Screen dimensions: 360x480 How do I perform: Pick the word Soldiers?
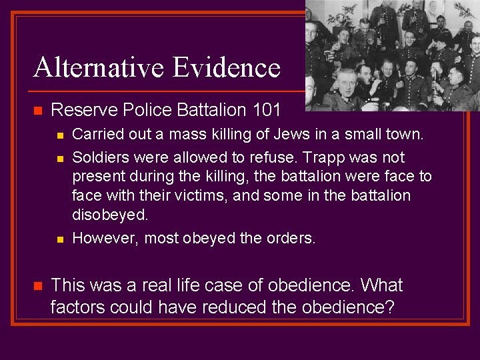click(x=100, y=157)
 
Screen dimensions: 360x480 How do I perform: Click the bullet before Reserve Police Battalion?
click(x=37, y=110)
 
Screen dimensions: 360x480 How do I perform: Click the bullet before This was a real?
click(x=37, y=286)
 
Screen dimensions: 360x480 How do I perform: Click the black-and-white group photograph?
click(x=392, y=55)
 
